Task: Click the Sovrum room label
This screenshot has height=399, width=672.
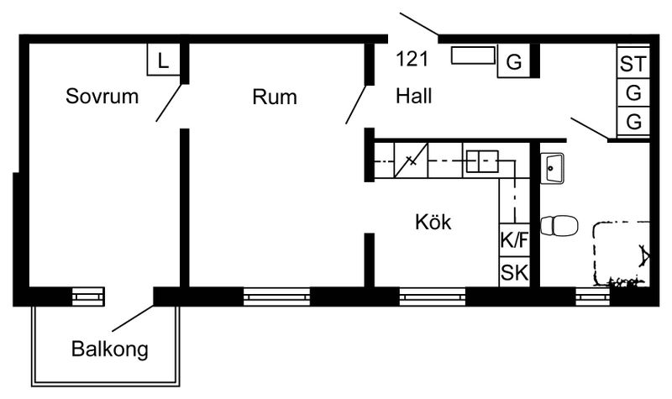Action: (x=102, y=96)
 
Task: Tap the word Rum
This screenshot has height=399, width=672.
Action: (x=275, y=97)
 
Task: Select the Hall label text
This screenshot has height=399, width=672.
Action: (x=413, y=96)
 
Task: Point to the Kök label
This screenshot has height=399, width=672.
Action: (x=433, y=222)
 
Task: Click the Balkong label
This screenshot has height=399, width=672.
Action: (x=110, y=349)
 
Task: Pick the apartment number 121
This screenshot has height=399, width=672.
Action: (x=412, y=59)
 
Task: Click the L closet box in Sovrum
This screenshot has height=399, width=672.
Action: (x=163, y=60)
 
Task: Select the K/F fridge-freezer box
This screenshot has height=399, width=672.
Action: (x=514, y=240)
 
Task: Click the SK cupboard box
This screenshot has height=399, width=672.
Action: (x=514, y=271)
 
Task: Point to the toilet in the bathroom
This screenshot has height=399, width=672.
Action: (x=559, y=225)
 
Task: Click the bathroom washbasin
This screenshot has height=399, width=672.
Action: (x=552, y=168)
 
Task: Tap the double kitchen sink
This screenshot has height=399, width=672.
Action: (x=482, y=161)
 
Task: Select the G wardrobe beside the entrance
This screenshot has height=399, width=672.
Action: (x=514, y=60)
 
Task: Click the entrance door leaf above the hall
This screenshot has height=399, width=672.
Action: (x=419, y=24)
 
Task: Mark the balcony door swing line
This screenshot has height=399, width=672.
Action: (x=133, y=318)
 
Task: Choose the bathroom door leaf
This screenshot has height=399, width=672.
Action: (x=590, y=129)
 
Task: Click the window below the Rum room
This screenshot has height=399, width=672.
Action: (x=276, y=297)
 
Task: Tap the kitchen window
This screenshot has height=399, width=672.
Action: (x=433, y=297)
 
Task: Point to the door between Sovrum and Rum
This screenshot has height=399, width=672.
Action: (x=169, y=102)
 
